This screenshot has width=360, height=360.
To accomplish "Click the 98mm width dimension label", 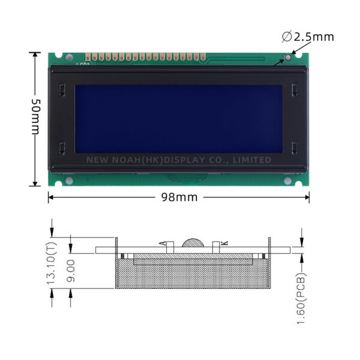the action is (179, 197).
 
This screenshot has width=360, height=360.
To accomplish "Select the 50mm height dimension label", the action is (36, 116).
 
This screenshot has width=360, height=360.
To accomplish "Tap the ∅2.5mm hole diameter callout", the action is (308, 37).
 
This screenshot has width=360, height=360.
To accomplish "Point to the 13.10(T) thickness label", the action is (52, 263).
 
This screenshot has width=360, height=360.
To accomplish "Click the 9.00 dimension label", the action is (70, 271).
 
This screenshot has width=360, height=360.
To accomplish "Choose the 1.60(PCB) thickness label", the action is (301, 298).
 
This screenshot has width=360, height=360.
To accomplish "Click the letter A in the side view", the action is (163, 243).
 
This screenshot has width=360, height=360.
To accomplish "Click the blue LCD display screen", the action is (179, 119).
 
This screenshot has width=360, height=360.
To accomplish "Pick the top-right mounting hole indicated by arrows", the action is (287, 58).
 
